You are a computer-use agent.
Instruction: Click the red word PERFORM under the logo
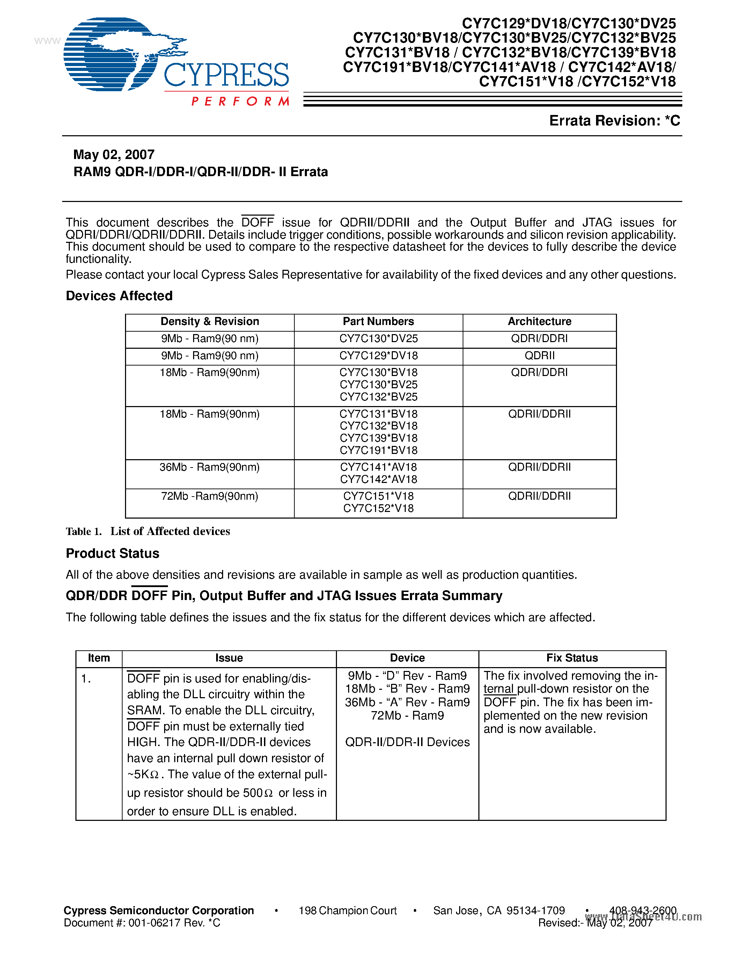tap(240, 102)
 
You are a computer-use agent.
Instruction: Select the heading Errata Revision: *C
tap(614, 121)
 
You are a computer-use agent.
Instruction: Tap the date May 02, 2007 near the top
tap(114, 155)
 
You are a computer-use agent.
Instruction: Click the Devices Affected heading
tap(119, 296)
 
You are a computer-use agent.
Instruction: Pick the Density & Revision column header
tap(210, 321)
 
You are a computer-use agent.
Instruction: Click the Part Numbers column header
tap(378, 321)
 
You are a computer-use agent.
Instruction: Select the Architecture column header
tap(539, 321)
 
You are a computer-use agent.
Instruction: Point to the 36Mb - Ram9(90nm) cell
tap(210, 467)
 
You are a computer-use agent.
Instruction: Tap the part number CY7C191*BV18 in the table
tap(378, 450)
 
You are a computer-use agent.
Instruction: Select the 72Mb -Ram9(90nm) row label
tap(210, 496)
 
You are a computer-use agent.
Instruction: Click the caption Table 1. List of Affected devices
tap(148, 532)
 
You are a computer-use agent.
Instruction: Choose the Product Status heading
tap(112, 554)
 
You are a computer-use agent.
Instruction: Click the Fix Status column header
tap(572, 658)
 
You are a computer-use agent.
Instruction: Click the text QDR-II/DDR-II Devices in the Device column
tap(407, 742)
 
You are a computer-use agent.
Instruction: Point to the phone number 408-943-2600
tap(642, 911)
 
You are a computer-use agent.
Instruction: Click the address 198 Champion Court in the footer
tap(347, 911)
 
